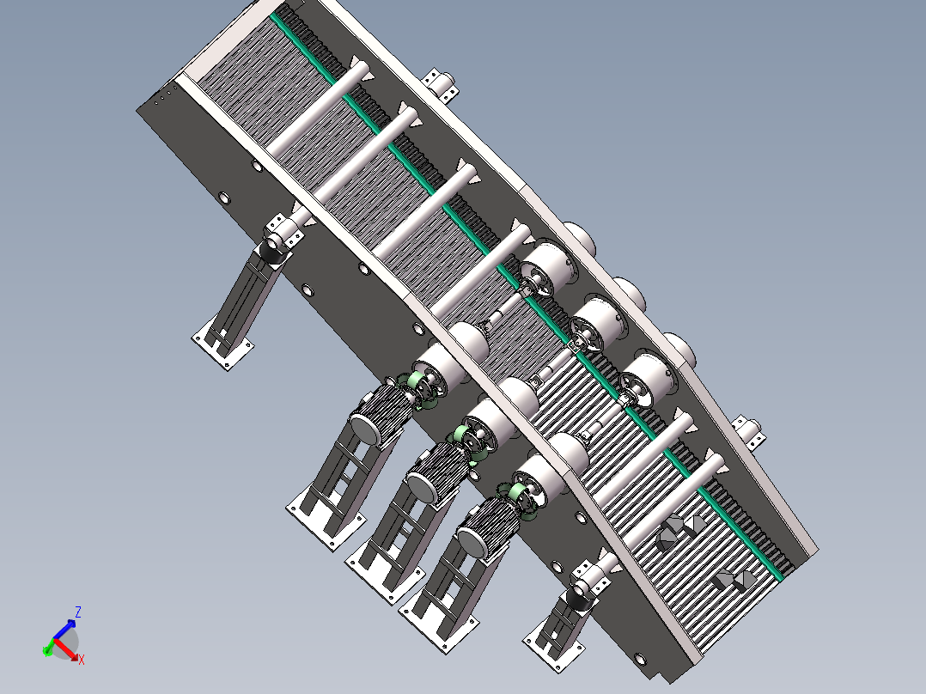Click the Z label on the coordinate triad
77,612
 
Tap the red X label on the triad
82,659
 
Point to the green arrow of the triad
47,651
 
